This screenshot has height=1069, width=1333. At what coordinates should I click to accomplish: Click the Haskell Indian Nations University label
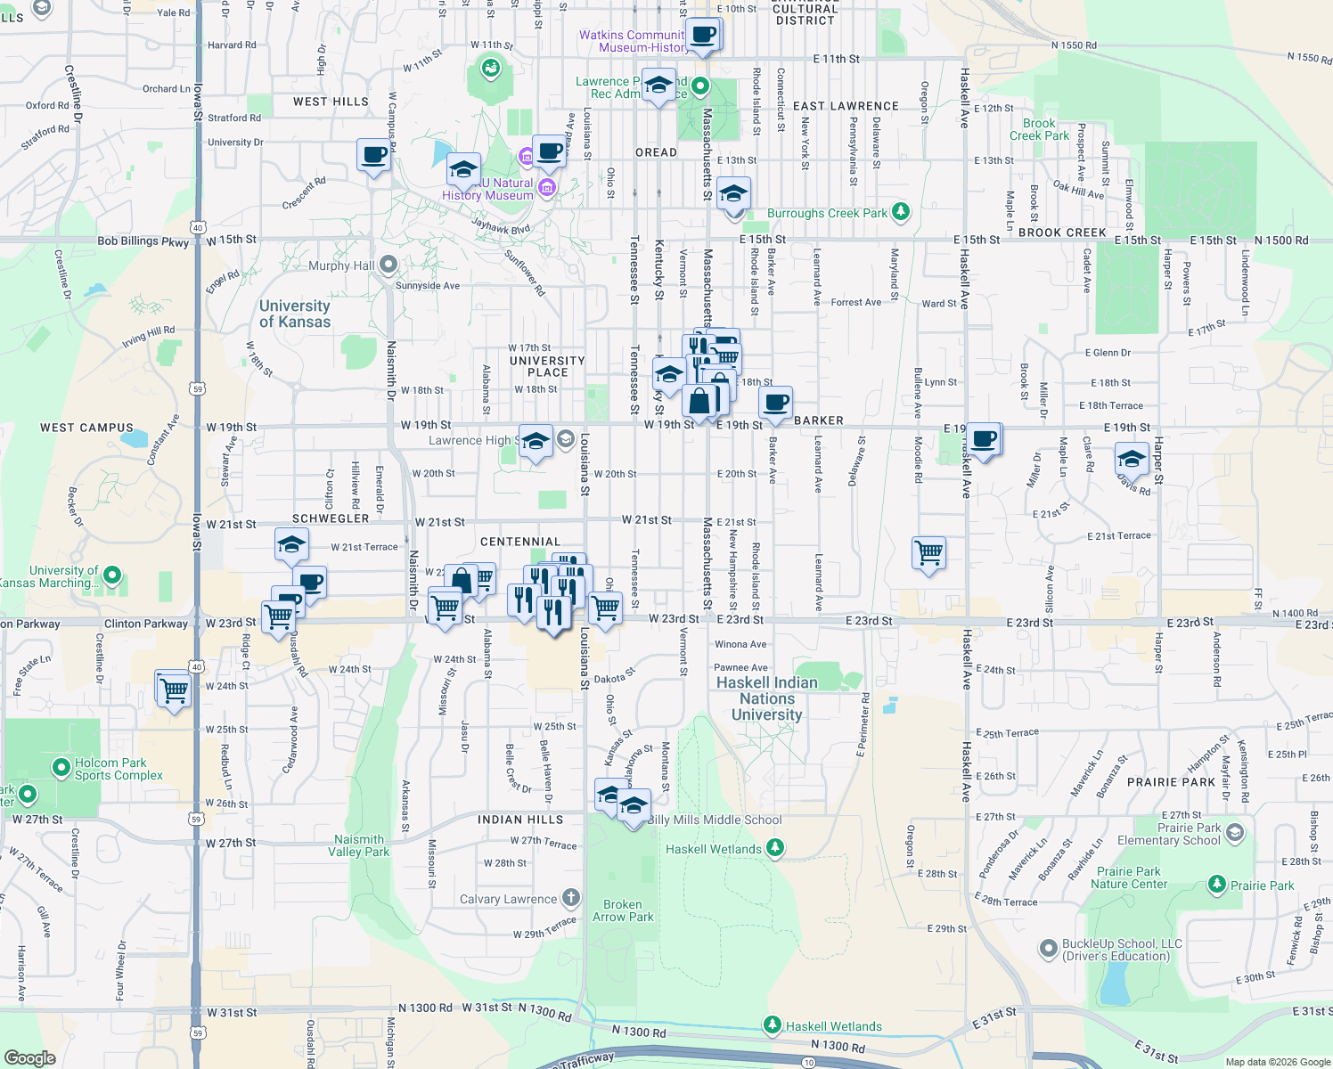766,698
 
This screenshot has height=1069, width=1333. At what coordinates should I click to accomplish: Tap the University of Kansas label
294,314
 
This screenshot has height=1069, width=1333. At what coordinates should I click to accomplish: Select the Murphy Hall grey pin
388,265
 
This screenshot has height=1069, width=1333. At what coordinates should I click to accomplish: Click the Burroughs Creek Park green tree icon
901,212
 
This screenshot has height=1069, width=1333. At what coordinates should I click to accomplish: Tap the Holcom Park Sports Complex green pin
61,767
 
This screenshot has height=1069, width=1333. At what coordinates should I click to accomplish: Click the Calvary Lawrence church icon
571,898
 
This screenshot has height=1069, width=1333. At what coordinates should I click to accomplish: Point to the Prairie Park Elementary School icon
1234,833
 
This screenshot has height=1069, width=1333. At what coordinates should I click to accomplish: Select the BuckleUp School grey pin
1049,949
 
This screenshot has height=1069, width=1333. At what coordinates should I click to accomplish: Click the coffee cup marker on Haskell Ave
985,439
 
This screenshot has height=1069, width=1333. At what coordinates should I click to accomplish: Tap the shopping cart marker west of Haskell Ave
929,553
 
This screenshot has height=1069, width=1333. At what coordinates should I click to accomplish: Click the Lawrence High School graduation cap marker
536,441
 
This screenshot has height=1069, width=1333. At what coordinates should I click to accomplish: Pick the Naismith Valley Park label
358,845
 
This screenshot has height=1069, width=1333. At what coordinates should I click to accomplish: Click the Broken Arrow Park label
623,910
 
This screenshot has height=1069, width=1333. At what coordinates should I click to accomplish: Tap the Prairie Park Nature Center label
1129,877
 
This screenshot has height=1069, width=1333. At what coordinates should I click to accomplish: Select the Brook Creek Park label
1039,129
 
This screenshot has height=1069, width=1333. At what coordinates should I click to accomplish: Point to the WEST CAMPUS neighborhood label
86,428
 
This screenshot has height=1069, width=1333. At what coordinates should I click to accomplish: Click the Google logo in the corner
29,1057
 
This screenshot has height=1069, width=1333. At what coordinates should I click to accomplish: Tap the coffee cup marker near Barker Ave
776,403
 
